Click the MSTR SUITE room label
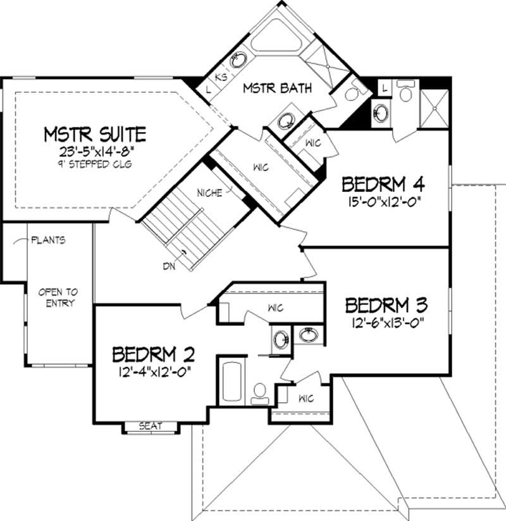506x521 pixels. (95, 134)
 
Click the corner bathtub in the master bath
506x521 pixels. (276, 39)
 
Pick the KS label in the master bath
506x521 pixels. (221, 77)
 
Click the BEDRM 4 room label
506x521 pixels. (383, 184)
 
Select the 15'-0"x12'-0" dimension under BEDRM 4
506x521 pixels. (383, 202)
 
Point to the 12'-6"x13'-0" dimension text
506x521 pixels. (386, 323)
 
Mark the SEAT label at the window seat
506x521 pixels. (151, 426)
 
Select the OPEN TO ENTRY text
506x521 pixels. (58, 297)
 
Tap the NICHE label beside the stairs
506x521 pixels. (209, 193)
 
